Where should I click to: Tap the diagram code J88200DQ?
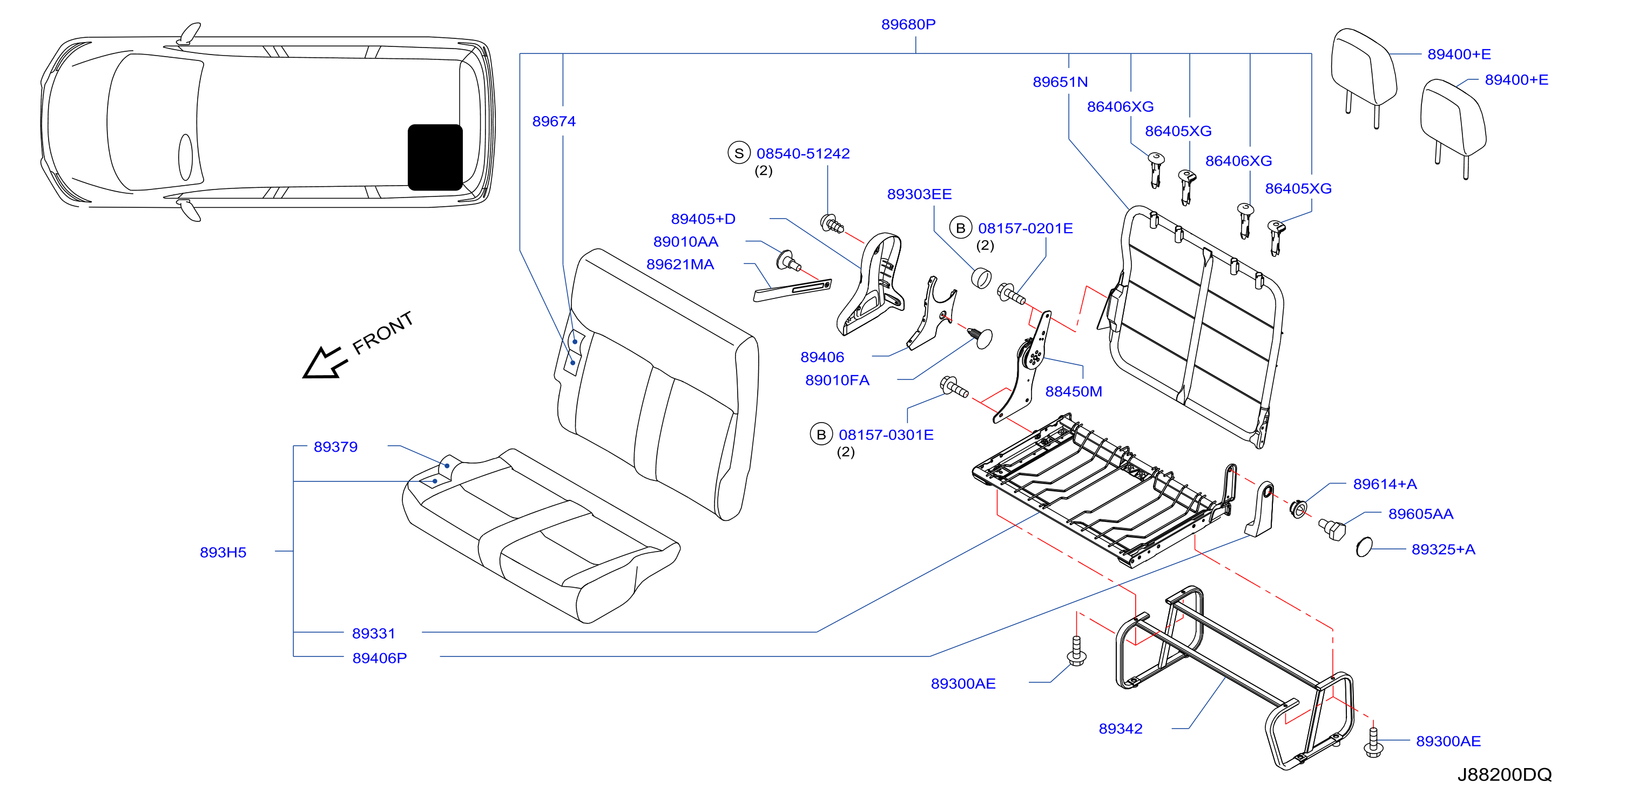click(x=1505, y=775)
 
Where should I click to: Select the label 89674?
click(x=554, y=121)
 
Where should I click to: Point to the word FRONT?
click(x=382, y=332)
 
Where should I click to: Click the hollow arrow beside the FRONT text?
click(x=323, y=363)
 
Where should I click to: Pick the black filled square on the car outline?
click(x=435, y=157)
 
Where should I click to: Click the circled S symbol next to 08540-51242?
click(x=739, y=153)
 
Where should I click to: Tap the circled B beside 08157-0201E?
click(x=960, y=228)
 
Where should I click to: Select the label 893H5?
click(x=222, y=553)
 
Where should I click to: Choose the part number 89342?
click(x=1121, y=729)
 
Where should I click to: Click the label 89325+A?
click(x=1444, y=549)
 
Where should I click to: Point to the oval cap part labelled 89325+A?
click(x=1364, y=547)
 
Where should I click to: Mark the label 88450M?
click(x=1074, y=392)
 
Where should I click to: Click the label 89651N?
click(x=1061, y=82)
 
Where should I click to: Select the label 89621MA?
click(x=680, y=264)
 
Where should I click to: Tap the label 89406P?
click(x=380, y=658)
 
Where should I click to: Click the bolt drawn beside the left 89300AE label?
click(x=1076, y=651)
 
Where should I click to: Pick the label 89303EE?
click(x=919, y=194)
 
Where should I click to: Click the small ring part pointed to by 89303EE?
click(x=981, y=277)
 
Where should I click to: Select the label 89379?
click(x=335, y=446)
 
